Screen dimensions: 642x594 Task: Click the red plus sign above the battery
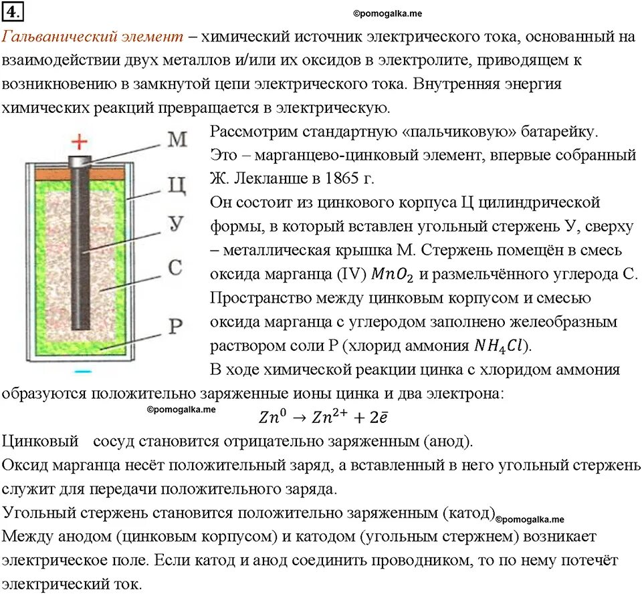click(80, 142)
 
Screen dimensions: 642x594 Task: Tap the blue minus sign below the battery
click(82, 369)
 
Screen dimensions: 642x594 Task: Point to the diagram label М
click(177, 139)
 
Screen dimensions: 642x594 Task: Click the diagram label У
click(175, 225)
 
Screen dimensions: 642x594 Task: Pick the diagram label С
click(175, 269)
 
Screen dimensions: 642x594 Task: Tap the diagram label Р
click(175, 326)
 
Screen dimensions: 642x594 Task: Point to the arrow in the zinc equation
click(299, 417)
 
